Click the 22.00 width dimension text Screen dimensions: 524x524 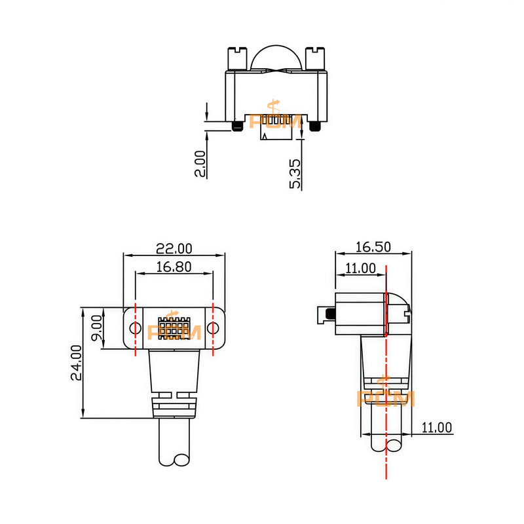coord(174,248)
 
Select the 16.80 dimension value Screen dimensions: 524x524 coord(174,267)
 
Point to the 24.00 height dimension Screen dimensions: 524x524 coord(76,362)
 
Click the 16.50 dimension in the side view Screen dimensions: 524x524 coord(373,247)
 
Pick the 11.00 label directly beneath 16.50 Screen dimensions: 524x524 coord(360,268)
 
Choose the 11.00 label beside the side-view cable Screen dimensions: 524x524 coord(437,428)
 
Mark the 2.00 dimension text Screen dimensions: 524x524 coord(200,164)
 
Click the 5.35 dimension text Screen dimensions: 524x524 coord(296,174)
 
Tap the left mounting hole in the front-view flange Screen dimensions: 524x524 coord(135,327)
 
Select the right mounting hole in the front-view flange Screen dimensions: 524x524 coord(214,327)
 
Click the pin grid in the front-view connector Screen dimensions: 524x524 coord(174,327)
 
